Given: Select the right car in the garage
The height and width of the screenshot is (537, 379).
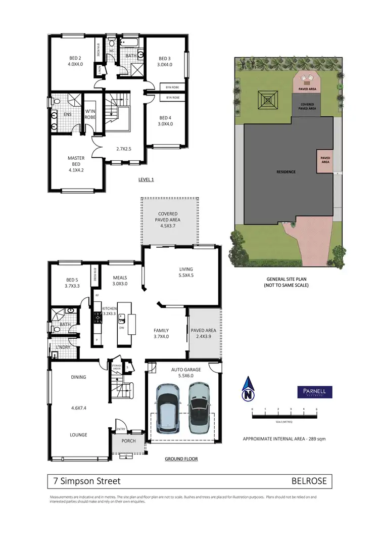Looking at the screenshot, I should tap(200, 405).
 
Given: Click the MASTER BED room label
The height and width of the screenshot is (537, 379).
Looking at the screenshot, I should tap(76, 161).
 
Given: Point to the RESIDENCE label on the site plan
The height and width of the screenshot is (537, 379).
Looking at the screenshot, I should tap(286, 172).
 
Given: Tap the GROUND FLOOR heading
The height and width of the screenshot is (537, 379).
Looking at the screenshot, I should tap(181, 459).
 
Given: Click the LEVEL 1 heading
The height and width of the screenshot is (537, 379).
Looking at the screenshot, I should tap(146, 180).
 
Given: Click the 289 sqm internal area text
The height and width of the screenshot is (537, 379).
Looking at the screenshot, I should tap(284, 439).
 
